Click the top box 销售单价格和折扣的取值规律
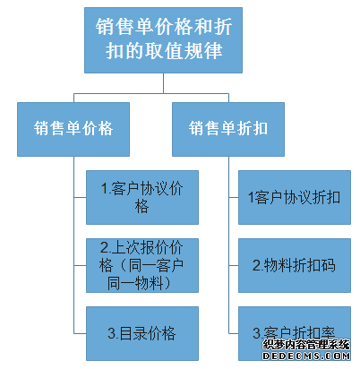163,40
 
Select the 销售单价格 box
73,129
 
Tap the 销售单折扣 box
228,129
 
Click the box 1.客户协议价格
142,197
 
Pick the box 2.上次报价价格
142,265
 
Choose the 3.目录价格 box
142,333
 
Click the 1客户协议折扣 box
295,197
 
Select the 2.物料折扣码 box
295,265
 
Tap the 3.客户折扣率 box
295,333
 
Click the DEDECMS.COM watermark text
306,356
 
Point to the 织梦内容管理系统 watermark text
306,345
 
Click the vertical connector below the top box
163,83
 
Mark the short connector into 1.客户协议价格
80,197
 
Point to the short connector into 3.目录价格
80,333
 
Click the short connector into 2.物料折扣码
234,265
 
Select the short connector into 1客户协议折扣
234,197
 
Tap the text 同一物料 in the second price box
135,283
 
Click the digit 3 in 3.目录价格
111,333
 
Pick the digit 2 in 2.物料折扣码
256,265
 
